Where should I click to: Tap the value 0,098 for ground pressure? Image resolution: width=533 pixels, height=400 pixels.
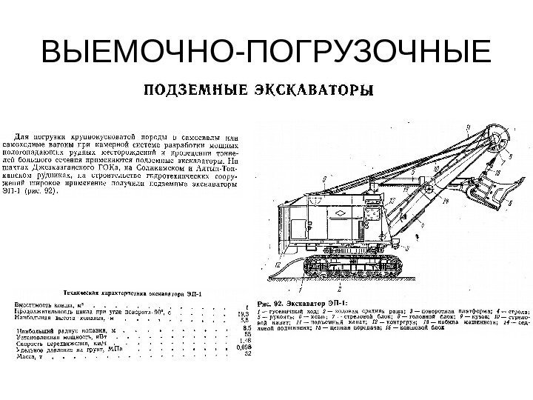point(244,347)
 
